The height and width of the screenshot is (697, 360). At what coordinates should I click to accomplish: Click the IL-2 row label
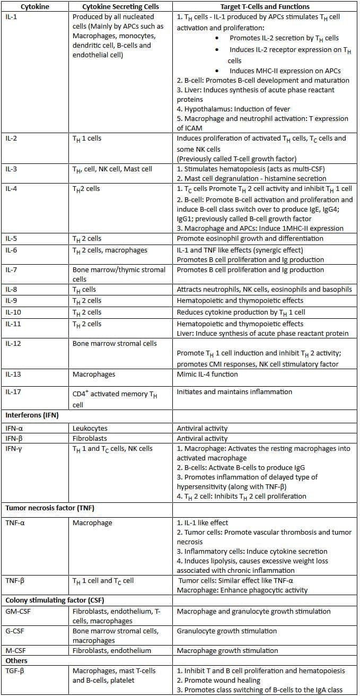12,138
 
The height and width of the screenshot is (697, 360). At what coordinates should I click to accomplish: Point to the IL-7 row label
12,270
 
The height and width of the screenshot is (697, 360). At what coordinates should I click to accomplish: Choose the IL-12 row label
14,343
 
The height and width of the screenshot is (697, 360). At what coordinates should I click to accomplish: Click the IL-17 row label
14,392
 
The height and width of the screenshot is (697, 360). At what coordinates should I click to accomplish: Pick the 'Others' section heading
16,661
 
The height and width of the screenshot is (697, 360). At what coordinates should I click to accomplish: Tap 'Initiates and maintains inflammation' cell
234,392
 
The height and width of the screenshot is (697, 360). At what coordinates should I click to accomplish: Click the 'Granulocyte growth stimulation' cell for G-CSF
227,631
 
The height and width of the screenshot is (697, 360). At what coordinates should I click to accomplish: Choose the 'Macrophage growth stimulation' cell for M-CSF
227,651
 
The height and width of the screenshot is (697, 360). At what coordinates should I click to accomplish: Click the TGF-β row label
15,671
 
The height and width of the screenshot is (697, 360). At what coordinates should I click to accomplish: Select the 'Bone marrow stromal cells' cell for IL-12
115,343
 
